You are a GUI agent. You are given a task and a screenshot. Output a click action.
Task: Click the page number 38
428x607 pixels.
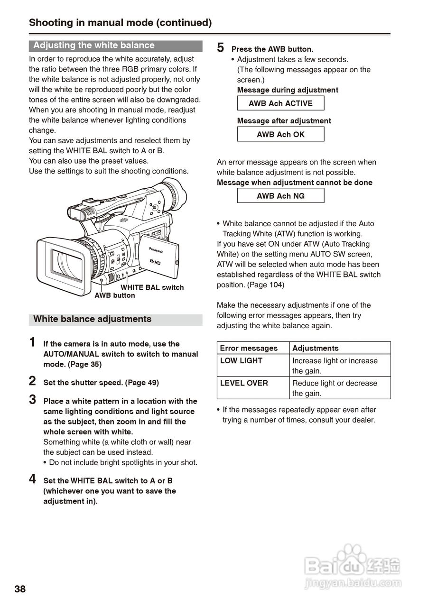[x=20, y=589]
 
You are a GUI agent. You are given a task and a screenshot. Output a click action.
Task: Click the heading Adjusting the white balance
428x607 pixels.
[x=94, y=46]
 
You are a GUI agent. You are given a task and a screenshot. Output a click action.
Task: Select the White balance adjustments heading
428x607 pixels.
[x=93, y=319]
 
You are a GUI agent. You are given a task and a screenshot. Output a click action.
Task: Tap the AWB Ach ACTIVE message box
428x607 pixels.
[x=280, y=103]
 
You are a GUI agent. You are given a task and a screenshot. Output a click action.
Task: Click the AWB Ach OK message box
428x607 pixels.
[x=280, y=134]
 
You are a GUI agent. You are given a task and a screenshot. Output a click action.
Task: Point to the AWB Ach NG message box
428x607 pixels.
[x=280, y=196]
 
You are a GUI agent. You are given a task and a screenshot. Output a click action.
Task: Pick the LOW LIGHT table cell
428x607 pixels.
[x=241, y=361]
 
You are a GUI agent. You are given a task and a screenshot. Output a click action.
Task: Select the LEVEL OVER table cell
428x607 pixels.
[x=244, y=383]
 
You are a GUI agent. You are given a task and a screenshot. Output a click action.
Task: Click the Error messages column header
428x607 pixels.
[x=249, y=348]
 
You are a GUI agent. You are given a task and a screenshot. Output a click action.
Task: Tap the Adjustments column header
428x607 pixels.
[x=316, y=348]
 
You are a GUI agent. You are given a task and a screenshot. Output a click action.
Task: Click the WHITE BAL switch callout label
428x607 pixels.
[x=152, y=287]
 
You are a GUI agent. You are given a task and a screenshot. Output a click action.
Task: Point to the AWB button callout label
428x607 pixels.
[x=115, y=295]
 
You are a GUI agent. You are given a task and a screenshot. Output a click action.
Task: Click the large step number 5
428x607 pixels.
[x=221, y=48]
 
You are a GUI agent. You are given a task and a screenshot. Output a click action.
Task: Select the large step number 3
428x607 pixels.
[x=32, y=400]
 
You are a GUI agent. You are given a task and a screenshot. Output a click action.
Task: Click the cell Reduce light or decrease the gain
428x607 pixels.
[x=335, y=388]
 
